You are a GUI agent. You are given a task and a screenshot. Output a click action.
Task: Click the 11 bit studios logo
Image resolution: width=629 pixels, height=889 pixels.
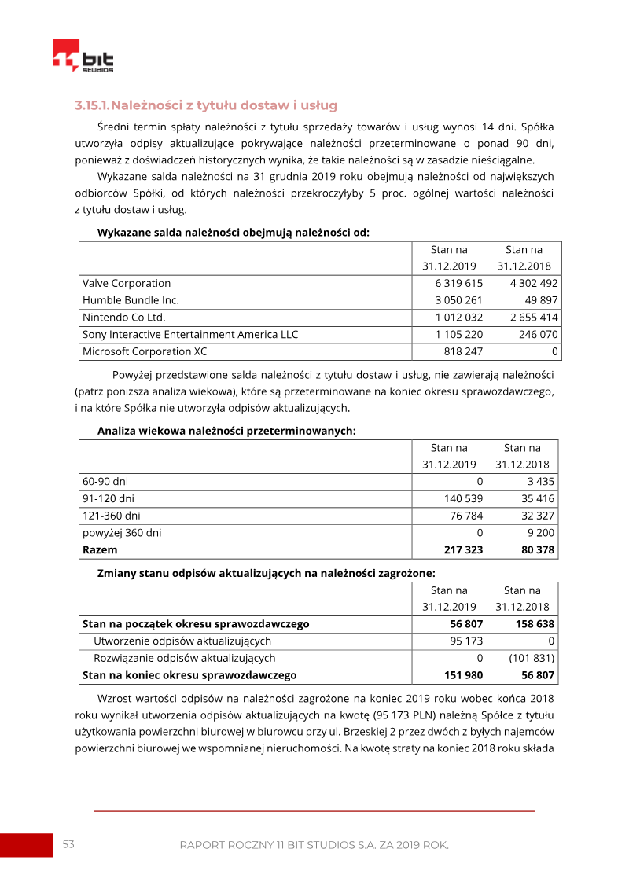pyautogui.click(x=83, y=56)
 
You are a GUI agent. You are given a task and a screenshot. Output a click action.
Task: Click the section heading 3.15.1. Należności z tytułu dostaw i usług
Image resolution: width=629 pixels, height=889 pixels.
pyautogui.click(x=206, y=105)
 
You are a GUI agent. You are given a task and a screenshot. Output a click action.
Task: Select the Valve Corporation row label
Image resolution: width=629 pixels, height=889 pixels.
pyautogui.click(x=127, y=283)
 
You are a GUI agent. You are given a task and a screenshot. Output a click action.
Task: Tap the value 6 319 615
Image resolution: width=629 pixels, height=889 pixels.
pyautogui.click(x=458, y=283)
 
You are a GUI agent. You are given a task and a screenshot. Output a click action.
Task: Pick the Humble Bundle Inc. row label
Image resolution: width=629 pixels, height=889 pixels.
pyautogui.click(x=131, y=300)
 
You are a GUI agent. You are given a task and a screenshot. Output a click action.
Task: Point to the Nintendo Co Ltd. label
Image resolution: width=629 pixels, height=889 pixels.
pyautogui.click(x=123, y=318)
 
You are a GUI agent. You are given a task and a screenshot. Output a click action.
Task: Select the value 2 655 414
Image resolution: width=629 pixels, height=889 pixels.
pyautogui.click(x=534, y=318)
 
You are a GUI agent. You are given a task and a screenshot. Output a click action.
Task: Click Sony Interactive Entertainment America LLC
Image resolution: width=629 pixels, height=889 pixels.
pyautogui.click(x=190, y=335)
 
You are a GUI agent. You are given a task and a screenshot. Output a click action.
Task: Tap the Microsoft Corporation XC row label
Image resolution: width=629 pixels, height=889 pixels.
pyautogui.click(x=145, y=352)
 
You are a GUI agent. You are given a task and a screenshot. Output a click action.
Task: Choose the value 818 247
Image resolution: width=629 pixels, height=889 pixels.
pyautogui.click(x=464, y=352)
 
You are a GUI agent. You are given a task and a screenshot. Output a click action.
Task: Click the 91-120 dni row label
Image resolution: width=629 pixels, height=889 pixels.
pyautogui.click(x=109, y=498)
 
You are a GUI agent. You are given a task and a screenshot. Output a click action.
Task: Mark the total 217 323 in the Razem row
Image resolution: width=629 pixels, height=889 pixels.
pyautogui.click(x=463, y=550)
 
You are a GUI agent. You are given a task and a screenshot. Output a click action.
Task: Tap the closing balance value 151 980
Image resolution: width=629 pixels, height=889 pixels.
pyautogui.click(x=463, y=675)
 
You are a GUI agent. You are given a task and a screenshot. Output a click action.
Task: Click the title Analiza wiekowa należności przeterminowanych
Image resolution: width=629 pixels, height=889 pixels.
pyautogui.click(x=226, y=431)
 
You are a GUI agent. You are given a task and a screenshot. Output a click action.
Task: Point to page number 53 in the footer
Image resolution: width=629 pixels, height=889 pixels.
pyautogui.click(x=68, y=844)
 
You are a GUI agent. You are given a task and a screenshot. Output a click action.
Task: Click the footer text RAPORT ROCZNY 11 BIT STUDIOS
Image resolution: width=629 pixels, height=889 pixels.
pyautogui.click(x=314, y=845)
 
